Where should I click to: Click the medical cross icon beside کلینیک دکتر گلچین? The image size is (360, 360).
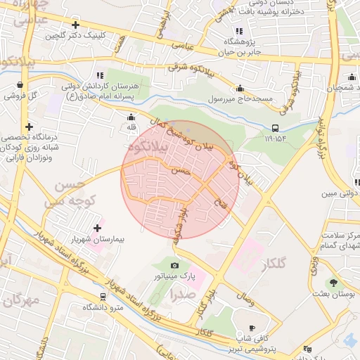pos(75,24)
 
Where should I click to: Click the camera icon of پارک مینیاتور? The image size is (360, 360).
pos(174,265)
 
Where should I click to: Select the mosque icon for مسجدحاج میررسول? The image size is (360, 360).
pos(240,89)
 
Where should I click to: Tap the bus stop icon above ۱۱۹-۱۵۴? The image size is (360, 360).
pos(275,128)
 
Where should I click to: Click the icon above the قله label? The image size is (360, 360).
pos(131,118)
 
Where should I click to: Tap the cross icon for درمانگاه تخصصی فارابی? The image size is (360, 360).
pos(28,127)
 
